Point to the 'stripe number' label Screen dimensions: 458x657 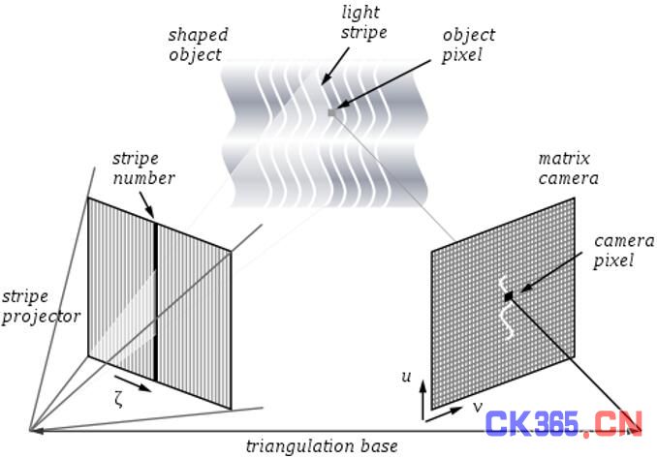click(143, 168)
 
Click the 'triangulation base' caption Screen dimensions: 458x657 click(321, 446)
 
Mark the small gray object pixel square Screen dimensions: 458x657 click(331, 113)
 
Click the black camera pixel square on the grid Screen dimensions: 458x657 click(508, 294)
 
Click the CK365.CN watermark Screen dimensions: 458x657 click(565, 424)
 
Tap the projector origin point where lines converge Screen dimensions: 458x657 click(30, 430)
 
